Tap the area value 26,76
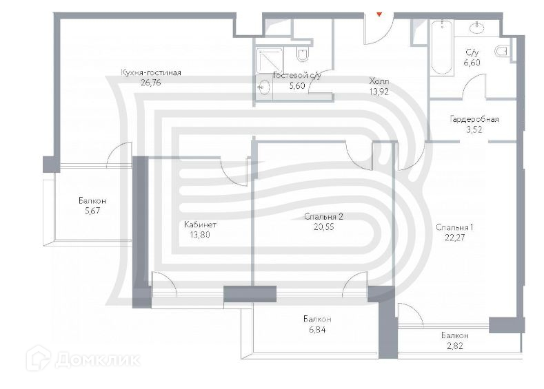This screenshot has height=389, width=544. (x=150, y=83)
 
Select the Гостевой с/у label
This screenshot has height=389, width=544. (x=296, y=76)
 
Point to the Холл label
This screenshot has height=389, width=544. (x=379, y=80)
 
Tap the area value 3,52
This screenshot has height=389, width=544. (x=474, y=129)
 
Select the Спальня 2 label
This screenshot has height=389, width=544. (x=323, y=216)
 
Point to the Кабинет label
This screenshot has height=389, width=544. (x=201, y=225)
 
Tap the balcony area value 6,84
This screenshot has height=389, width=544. (x=316, y=330)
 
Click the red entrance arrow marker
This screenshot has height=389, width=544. (x=379, y=12)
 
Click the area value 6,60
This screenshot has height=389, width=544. (x=472, y=63)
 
